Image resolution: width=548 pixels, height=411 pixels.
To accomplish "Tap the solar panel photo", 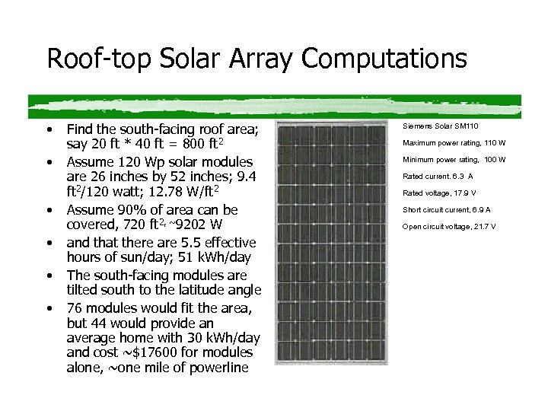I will tap(334, 248).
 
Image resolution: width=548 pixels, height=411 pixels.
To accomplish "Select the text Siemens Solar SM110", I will tap(441, 126).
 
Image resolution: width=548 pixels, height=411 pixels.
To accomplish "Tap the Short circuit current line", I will tap(446, 209).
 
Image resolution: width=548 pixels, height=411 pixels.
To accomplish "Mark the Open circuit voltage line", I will tap(449, 226).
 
